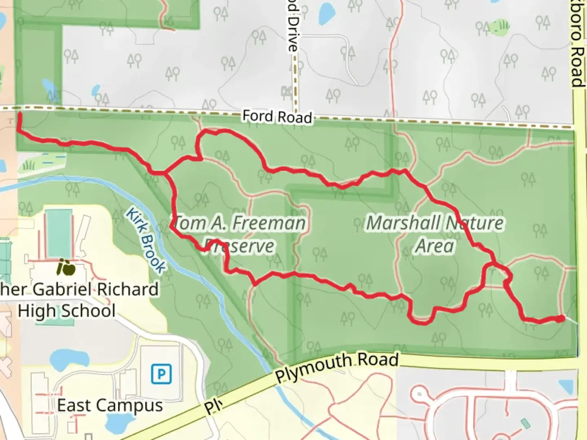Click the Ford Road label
(x=277, y=117)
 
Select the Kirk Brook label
(x=145, y=240)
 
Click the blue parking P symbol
(x=161, y=374)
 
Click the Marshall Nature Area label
(x=435, y=234)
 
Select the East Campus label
(x=110, y=405)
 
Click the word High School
(x=66, y=311)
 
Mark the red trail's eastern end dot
(x=561, y=319)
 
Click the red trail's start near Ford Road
(x=19, y=116)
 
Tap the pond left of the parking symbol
(x=70, y=358)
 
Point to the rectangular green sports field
(x=58, y=234)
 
